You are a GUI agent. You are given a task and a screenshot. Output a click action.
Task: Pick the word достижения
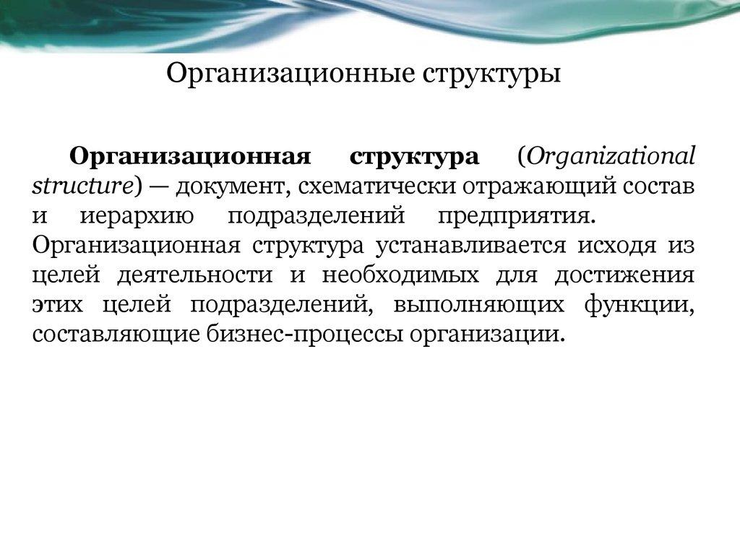tap(624, 275)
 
